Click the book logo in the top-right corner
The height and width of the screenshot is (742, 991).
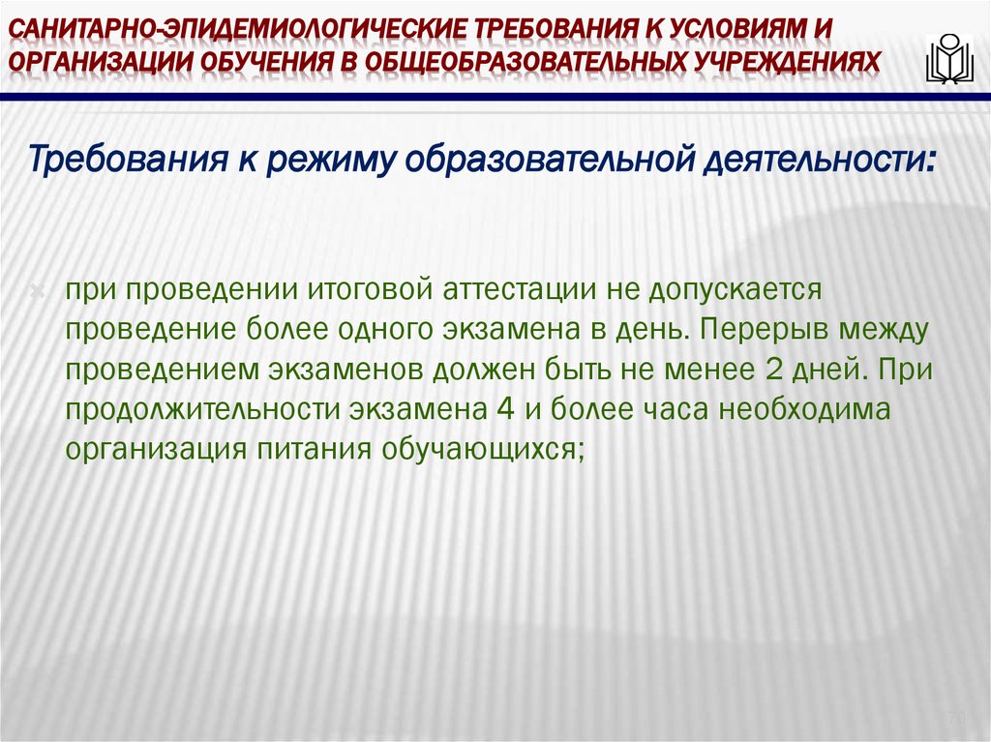[x=949, y=58]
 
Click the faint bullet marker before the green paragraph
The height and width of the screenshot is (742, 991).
[x=38, y=290]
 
